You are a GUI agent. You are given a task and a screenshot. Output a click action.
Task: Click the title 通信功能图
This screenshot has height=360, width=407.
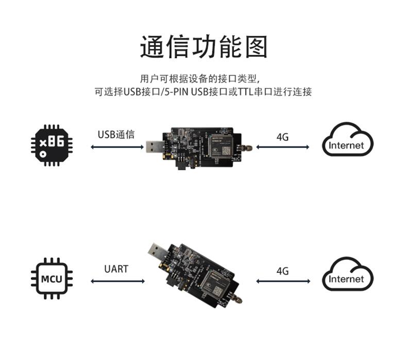(203, 47)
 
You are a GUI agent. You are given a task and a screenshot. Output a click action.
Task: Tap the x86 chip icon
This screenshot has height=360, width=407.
(50, 145)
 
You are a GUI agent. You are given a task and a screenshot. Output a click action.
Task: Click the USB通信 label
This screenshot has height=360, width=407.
(116, 135)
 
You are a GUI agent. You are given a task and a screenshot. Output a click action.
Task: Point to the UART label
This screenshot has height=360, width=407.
(116, 269)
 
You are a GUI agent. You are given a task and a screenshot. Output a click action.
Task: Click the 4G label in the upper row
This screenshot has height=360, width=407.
(282, 137)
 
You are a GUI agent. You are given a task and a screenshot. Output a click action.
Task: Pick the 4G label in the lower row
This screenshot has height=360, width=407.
(282, 271)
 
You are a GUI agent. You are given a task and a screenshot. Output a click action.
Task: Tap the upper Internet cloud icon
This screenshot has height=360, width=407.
(347, 141)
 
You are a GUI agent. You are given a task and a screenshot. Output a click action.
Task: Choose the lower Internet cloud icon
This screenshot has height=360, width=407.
(347, 275)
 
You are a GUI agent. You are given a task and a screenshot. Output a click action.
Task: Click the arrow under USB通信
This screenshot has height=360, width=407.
(117, 147)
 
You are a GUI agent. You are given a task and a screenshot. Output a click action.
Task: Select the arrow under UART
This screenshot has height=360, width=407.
(117, 281)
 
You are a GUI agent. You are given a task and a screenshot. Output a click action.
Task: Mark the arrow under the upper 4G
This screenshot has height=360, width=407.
(283, 147)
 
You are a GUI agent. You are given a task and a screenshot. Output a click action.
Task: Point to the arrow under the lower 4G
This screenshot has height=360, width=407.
(283, 281)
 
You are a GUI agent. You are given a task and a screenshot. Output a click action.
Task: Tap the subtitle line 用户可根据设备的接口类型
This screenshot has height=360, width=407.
(203, 79)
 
